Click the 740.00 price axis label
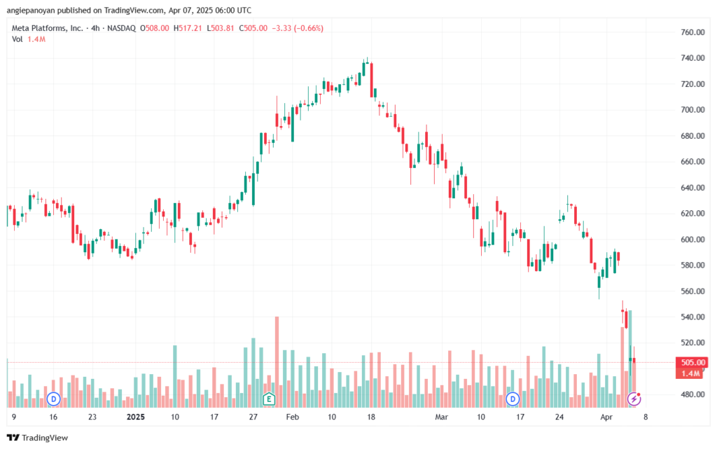tap(692, 58)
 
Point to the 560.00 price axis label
tap(692, 291)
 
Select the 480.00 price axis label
tap(692, 394)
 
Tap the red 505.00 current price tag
tap(692, 363)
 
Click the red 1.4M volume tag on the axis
tap(690, 373)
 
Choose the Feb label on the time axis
tap(292, 417)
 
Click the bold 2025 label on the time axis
tap(136, 417)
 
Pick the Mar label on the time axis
tap(441, 417)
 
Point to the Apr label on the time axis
tap(606, 417)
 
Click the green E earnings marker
tap(269, 399)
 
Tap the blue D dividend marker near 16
tap(54, 399)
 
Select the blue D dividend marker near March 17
tap(513, 399)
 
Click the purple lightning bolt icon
tap(634, 399)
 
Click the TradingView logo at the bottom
tap(38, 438)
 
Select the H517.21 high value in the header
tap(188, 28)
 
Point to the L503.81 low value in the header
tap(221, 28)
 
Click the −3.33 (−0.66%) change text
tap(298, 28)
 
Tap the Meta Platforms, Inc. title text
tap(48, 28)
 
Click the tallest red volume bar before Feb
tap(277, 361)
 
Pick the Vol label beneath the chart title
tap(18, 39)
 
